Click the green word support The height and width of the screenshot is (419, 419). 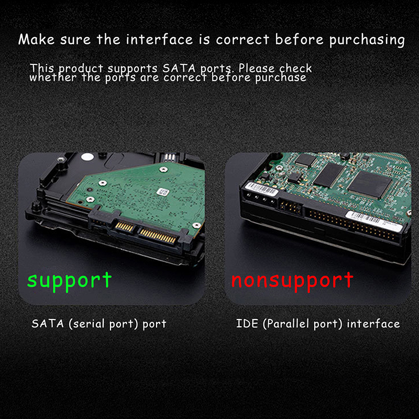coord(69,281)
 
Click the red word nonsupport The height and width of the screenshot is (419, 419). coord(292,281)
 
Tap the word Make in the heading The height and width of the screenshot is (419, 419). coord(36,39)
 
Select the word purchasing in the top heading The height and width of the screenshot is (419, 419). coord(367,40)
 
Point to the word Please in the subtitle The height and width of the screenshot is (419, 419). coord(257,68)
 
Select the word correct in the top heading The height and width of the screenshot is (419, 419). coord(242,40)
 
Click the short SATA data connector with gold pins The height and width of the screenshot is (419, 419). coord(125,227)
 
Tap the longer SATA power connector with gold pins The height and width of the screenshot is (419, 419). coord(158,236)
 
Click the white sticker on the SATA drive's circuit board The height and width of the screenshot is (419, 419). coord(163,192)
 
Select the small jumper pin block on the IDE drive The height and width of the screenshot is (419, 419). coord(291,207)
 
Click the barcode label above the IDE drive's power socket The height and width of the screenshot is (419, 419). coord(262,189)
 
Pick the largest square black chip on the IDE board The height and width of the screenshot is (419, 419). coord(370,184)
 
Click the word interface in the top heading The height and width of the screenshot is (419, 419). coord(159,39)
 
